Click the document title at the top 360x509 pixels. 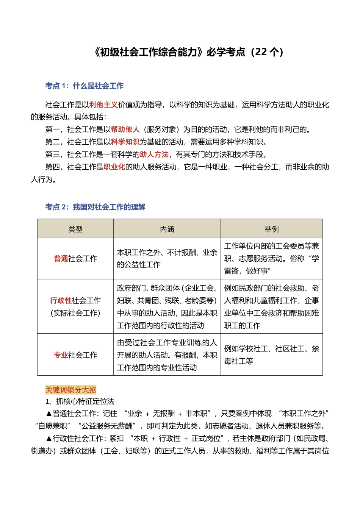point(188,52)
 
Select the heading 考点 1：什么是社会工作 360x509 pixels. point(84,86)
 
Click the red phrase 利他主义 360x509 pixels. point(103,105)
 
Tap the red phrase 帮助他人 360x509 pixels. point(125,130)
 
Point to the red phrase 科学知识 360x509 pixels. point(125,142)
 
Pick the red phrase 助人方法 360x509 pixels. point(154,155)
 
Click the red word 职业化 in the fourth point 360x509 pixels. point(114,167)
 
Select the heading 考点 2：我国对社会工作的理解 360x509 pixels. point(95,207)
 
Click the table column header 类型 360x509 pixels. point(75,229)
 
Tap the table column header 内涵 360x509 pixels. point(167,229)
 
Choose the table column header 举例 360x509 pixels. point(271,229)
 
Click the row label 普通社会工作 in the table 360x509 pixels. point(75,259)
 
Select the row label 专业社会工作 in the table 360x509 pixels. point(75,355)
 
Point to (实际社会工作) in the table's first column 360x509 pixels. point(75,313)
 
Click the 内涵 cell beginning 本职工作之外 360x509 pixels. point(167,259)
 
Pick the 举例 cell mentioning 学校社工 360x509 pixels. point(271,355)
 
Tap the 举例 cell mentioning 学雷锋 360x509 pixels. point(271,259)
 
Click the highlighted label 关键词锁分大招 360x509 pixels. point(71,390)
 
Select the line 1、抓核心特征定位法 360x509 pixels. point(80,401)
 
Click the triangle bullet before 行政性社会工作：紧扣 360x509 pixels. point(49,439)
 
